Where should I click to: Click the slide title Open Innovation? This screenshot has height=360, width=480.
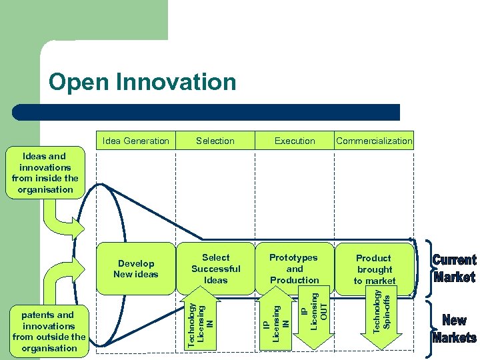(x=142, y=83)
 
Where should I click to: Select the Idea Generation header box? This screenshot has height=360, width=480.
(x=136, y=141)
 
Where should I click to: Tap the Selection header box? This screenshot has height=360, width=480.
(x=215, y=141)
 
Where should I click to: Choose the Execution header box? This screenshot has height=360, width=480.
(x=295, y=141)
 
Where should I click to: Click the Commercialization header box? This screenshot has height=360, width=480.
(x=374, y=141)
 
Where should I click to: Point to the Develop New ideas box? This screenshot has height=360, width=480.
(x=136, y=269)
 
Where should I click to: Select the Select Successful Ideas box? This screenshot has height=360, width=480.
(x=215, y=268)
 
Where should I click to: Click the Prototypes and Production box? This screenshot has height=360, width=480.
(x=294, y=268)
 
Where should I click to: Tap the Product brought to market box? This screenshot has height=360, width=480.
(x=374, y=269)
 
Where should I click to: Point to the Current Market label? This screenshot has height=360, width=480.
(x=454, y=268)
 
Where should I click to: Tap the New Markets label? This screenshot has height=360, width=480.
(x=454, y=329)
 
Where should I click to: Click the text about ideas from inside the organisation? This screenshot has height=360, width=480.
(x=45, y=173)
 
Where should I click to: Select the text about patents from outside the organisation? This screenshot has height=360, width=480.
(x=49, y=331)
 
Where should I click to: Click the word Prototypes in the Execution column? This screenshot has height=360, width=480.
(x=293, y=257)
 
